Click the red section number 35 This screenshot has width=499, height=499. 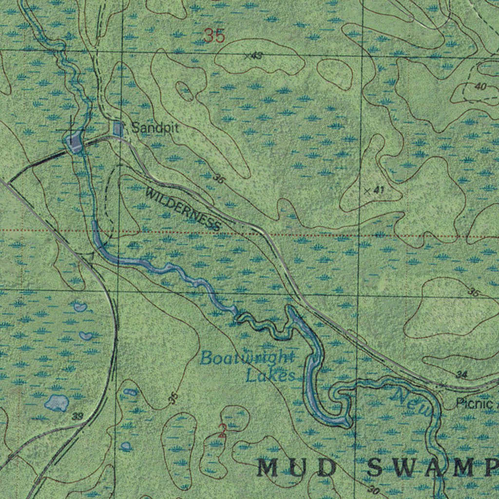[x=214, y=36]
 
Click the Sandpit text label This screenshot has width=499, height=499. [x=155, y=129]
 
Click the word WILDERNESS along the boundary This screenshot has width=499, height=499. [x=183, y=209]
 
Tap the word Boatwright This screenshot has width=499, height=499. [x=247, y=358]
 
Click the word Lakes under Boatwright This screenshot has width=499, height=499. [x=270, y=376]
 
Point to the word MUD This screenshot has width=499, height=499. [x=297, y=468]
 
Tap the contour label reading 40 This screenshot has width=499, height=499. [x=480, y=87]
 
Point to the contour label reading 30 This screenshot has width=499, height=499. [x=374, y=490]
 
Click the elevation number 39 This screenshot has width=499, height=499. [x=77, y=417]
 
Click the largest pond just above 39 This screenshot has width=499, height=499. [x=57, y=402]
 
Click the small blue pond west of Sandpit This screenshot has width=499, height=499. [x=75, y=143]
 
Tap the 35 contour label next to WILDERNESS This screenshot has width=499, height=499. [x=219, y=179]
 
